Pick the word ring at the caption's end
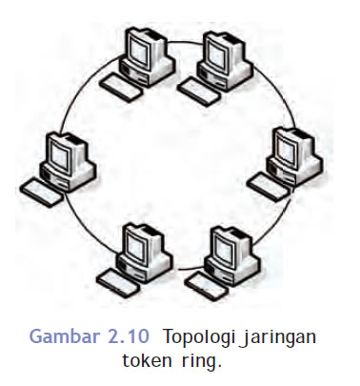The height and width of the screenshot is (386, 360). pyautogui.click(x=199, y=361)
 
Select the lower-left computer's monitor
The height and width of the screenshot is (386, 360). pyautogui.click(x=137, y=242)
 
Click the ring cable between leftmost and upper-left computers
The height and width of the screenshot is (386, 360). pyautogui.click(x=76, y=100)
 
